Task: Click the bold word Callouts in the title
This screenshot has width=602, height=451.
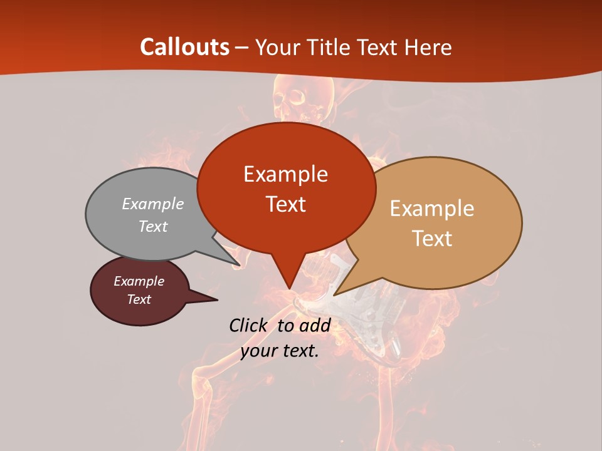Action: click(184, 47)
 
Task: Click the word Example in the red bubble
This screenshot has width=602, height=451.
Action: click(285, 174)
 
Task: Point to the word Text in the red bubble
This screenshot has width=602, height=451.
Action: click(285, 204)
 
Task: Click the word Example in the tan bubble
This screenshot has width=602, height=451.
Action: click(432, 209)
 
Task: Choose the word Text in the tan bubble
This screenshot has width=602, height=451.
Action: click(432, 239)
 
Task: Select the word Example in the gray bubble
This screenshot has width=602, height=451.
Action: click(153, 204)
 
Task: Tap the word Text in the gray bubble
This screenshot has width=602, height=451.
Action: click(153, 227)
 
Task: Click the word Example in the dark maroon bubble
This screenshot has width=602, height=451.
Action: click(139, 281)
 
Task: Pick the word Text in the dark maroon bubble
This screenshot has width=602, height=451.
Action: click(139, 299)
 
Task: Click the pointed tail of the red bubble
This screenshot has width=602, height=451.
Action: click(288, 282)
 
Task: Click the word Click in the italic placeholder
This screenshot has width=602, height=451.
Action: click(249, 325)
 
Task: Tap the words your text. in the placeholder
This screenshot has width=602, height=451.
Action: click(280, 351)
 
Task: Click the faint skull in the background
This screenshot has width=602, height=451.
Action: click(291, 97)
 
